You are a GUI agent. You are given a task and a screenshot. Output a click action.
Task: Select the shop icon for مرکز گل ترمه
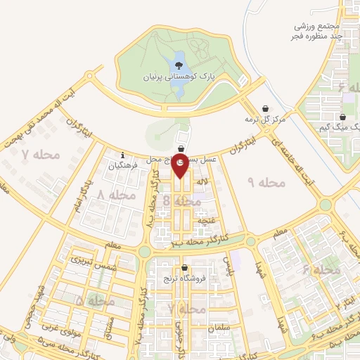click(x=264, y=109)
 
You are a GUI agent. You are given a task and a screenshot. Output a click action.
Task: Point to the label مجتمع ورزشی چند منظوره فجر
click(x=317, y=30)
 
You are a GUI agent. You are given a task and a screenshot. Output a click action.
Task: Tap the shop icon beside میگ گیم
click(x=342, y=117)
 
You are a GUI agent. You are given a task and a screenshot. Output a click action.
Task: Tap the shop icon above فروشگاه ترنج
click(x=184, y=267)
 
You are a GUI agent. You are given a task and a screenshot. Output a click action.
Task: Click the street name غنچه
click(x=205, y=221)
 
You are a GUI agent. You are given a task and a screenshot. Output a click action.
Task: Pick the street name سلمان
click(x=219, y=328)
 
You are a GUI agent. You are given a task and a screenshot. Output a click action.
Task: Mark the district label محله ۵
click(x=94, y=302)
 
